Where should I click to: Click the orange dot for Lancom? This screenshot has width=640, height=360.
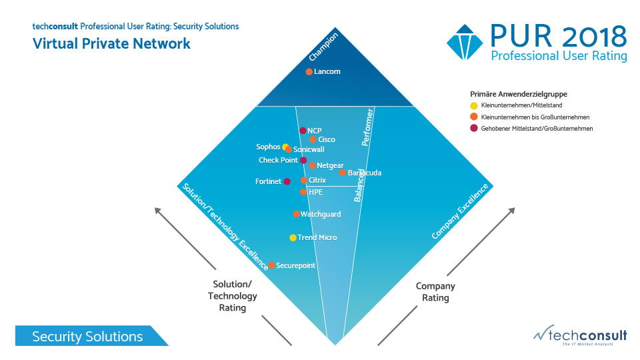pyautogui.click(x=309, y=72)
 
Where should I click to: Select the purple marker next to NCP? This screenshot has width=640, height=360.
pyautogui.click(x=303, y=131)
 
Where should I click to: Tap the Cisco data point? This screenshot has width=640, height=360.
pyautogui.click(x=313, y=139)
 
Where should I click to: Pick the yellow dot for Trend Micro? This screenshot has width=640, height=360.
pyautogui.click(x=293, y=238)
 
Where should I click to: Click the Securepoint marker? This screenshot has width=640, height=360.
pyautogui.click(x=271, y=265)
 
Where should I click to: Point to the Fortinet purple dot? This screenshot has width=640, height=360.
pyautogui.click(x=287, y=181)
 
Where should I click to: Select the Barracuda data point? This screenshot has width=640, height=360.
pyautogui.click(x=343, y=173)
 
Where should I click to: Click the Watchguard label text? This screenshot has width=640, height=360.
pyautogui.click(x=321, y=214)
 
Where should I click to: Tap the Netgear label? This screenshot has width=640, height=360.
pyautogui.click(x=330, y=165)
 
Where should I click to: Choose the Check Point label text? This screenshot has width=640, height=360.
pyautogui.click(x=278, y=160)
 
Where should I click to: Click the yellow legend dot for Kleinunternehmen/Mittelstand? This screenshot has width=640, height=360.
pyautogui.click(x=474, y=105)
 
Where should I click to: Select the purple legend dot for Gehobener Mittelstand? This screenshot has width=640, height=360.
pyautogui.click(x=474, y=129)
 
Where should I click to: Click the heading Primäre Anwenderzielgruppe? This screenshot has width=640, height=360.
pyautogui.click(x=514, y=94)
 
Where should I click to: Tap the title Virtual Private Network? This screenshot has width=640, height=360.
pyautogui.click(x=111, y=44)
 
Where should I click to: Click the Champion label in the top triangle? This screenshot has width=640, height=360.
pyautogui.click(x=323, y=47)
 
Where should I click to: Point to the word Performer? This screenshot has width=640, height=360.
pyautogui.click(x=367, y=127)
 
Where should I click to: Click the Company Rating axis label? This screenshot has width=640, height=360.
pyautogui.click(x=435, y=291)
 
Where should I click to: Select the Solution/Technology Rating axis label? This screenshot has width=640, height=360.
pyautogui.click(x=232, y=296)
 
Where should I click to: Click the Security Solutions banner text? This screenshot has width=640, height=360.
pyautogui.click(x=87, y=337)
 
